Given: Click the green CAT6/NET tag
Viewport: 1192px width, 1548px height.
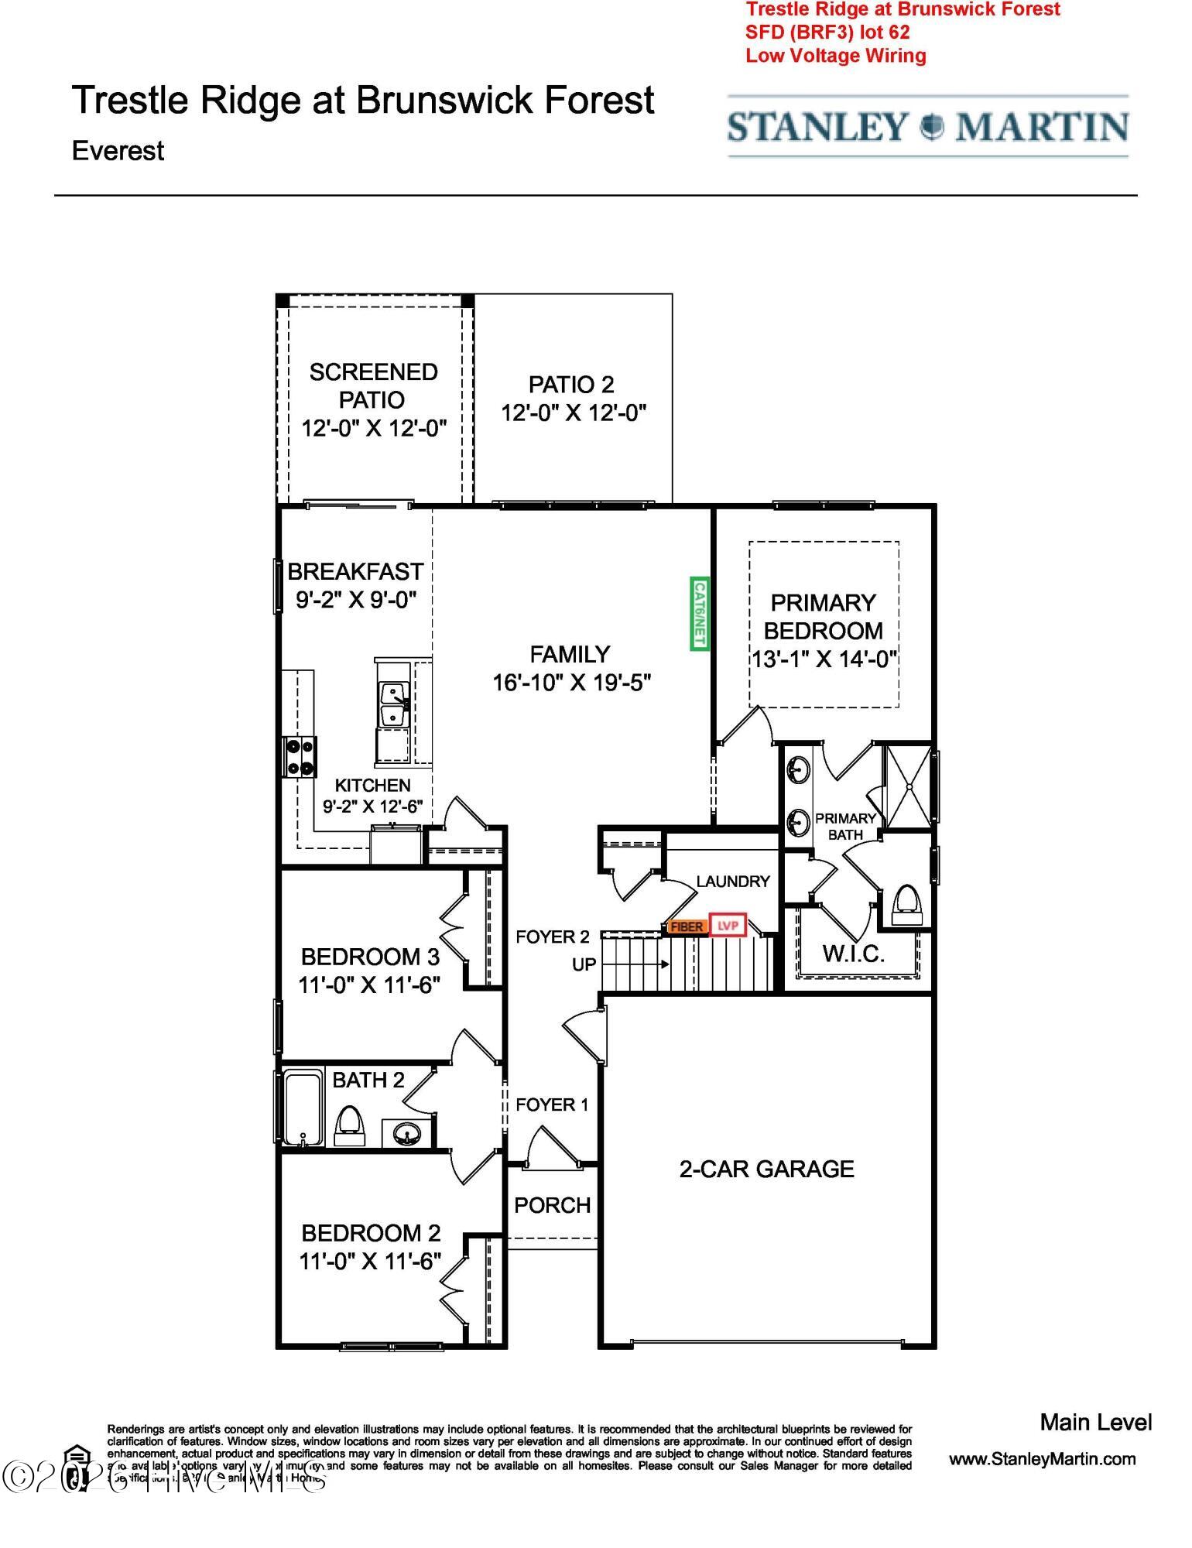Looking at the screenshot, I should point(700,614).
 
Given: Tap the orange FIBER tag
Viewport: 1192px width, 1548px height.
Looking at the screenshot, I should point(686,926).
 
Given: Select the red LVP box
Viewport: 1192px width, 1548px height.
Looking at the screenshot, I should point(728,926).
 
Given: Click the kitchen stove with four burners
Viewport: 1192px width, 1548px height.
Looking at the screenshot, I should point(299,757).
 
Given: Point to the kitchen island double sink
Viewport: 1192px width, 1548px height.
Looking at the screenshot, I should point(394,704).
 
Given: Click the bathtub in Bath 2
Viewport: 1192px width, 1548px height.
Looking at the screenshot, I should point(303,1108).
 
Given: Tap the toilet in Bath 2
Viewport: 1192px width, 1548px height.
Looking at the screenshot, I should point(350,1125).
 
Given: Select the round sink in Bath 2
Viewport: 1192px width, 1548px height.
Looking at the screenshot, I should point(406,1135).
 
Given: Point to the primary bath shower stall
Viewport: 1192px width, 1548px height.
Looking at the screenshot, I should point(909,786).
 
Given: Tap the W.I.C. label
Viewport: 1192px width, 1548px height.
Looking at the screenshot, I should point(854,954).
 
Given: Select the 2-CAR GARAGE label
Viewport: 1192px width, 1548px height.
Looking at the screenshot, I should point(766,1169).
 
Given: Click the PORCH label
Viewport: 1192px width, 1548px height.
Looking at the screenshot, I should point(552,1205).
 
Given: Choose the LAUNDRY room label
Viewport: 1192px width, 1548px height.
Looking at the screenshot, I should point(732,882).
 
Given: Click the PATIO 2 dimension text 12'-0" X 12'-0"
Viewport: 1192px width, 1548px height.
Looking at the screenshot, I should point(573,413).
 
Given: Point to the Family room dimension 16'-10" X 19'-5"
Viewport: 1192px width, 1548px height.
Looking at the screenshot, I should point(571,683).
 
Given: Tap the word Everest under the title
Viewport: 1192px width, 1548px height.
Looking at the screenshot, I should point(118,150).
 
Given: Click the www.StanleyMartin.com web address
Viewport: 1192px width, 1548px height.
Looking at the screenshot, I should point(1042,1459).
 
